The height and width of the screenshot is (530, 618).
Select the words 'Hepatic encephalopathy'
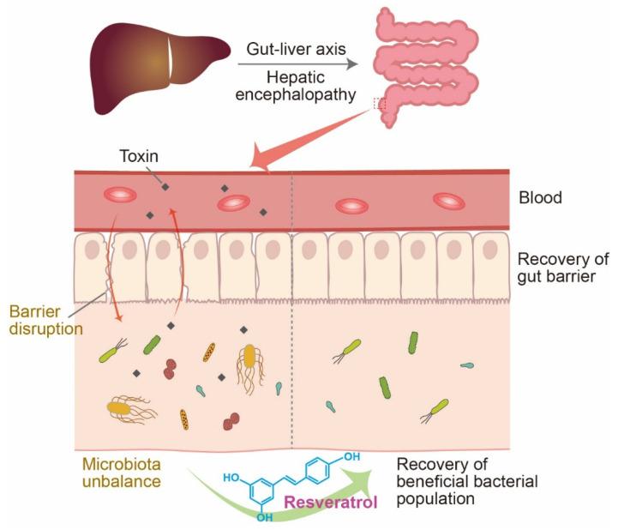point(294,86)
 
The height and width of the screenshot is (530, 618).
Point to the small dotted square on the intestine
point(380,104)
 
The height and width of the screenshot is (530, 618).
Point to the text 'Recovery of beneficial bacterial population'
point(467,481)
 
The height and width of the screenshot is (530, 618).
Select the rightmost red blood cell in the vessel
point(448,200)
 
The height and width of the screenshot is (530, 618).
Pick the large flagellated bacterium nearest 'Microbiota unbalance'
point(128,410)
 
